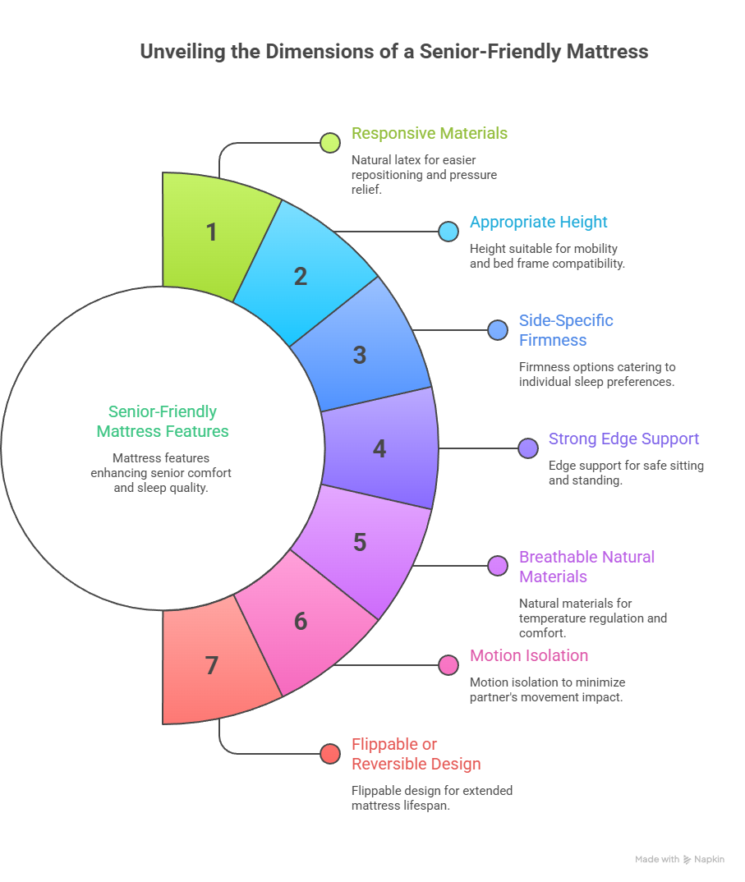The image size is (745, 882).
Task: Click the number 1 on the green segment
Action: pyautogui.click(x=212, y=232)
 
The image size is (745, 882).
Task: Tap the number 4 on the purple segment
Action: pyautogui.click(x=379, y=449)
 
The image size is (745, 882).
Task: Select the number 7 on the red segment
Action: pyautogui.click(x=212, y=665)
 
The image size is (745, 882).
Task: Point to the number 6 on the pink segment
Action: pyautogui.click(x=301, y=622)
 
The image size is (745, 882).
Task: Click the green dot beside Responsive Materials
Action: pyautogui.click(x=330, y=143)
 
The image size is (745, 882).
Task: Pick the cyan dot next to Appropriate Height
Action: pyautogui.click(x=448, y=232)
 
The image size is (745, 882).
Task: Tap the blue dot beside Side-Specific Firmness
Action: pyautogui.click(x=498, y=330)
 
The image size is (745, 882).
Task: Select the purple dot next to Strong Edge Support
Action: pyautogui.click(x=528, y=448)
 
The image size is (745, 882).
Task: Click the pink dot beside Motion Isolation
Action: pyautogui.click(x=448, y=665)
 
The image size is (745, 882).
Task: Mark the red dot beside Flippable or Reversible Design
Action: pyautogui.click(x=330, y=754)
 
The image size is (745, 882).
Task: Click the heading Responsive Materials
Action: pyautogui.click(x=430, y=133)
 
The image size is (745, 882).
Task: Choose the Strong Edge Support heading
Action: pyautogui.click(x=623, y=439)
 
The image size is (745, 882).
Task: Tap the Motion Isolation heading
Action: pyautogui.click(x=529, y=655)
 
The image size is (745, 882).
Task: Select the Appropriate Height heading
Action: pyautogui.click(x=538, y=222)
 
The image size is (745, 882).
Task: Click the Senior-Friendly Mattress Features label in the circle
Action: pyautogui.click(x=163, y=421)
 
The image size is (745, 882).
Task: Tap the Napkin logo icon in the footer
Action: pyautogui.click(x=687, y=860)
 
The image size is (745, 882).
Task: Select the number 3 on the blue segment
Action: pyautogui.click(x=360, y=356)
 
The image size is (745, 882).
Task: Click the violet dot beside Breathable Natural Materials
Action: pyautogui.click(x=498, y=566)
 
